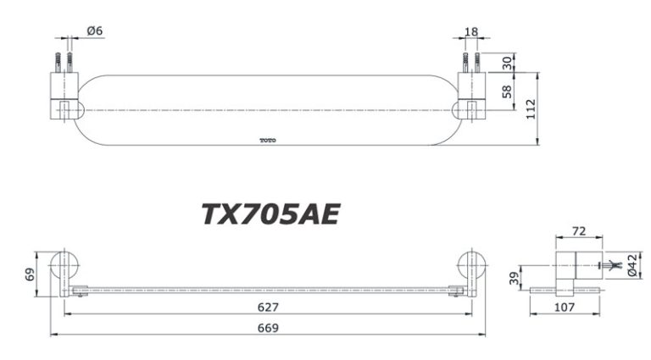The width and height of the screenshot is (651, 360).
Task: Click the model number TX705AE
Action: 270,214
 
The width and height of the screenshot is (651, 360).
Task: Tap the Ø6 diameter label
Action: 94,30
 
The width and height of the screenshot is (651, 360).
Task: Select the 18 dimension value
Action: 470,31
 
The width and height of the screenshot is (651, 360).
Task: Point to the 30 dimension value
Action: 507,64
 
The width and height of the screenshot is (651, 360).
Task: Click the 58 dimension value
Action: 507,91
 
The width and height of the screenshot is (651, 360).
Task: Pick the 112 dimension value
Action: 531,108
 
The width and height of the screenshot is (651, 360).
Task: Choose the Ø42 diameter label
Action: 634,266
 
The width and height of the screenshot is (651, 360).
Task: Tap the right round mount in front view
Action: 470,267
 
